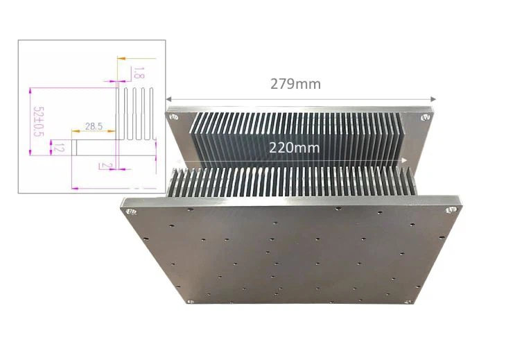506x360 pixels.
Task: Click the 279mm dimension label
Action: [x=295, y=84]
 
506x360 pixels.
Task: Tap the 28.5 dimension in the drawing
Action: [x=94, y=126]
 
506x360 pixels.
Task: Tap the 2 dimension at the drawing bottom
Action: [x=103, y=165]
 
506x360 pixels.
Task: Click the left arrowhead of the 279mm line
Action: [x=168, y=99]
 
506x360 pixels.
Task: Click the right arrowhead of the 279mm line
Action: [x=433, y=99]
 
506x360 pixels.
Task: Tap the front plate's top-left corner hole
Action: [x=128, y=209]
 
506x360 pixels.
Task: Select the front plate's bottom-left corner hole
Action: [x=188, y=302]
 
